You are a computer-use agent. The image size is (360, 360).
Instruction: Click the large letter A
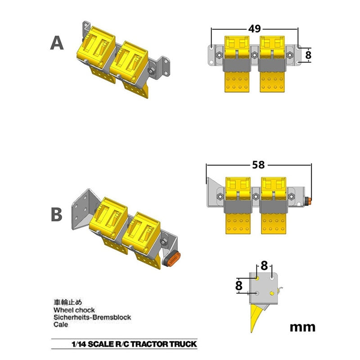(x=57, y=43)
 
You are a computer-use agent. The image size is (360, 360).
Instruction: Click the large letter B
(x=57, y=215)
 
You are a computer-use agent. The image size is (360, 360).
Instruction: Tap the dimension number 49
(x=255, y=29)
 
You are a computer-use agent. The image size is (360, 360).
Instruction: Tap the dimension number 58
(x=258, y=165)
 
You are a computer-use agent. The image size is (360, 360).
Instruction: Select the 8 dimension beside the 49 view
(x=308, y=55)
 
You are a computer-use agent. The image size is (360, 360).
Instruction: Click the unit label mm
(x=302, y=328)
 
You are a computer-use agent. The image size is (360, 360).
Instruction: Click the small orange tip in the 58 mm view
(x=310, y=201)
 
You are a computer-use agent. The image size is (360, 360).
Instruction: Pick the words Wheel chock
(x=74, y=310)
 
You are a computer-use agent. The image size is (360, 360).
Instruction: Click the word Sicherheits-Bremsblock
(x=92, y=317)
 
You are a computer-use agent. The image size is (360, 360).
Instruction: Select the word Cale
(x=61, y=324)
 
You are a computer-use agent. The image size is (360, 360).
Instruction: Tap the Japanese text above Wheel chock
(x=68, y=302)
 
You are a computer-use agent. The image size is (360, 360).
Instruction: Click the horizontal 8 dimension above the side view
(x=264, y=266)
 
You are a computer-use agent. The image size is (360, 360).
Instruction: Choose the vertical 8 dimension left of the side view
(x=239, y=286)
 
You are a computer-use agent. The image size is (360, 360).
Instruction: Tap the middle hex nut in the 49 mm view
(x=254, y=55)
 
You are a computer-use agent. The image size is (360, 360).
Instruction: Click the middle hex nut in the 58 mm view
(x=256, y=197)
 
